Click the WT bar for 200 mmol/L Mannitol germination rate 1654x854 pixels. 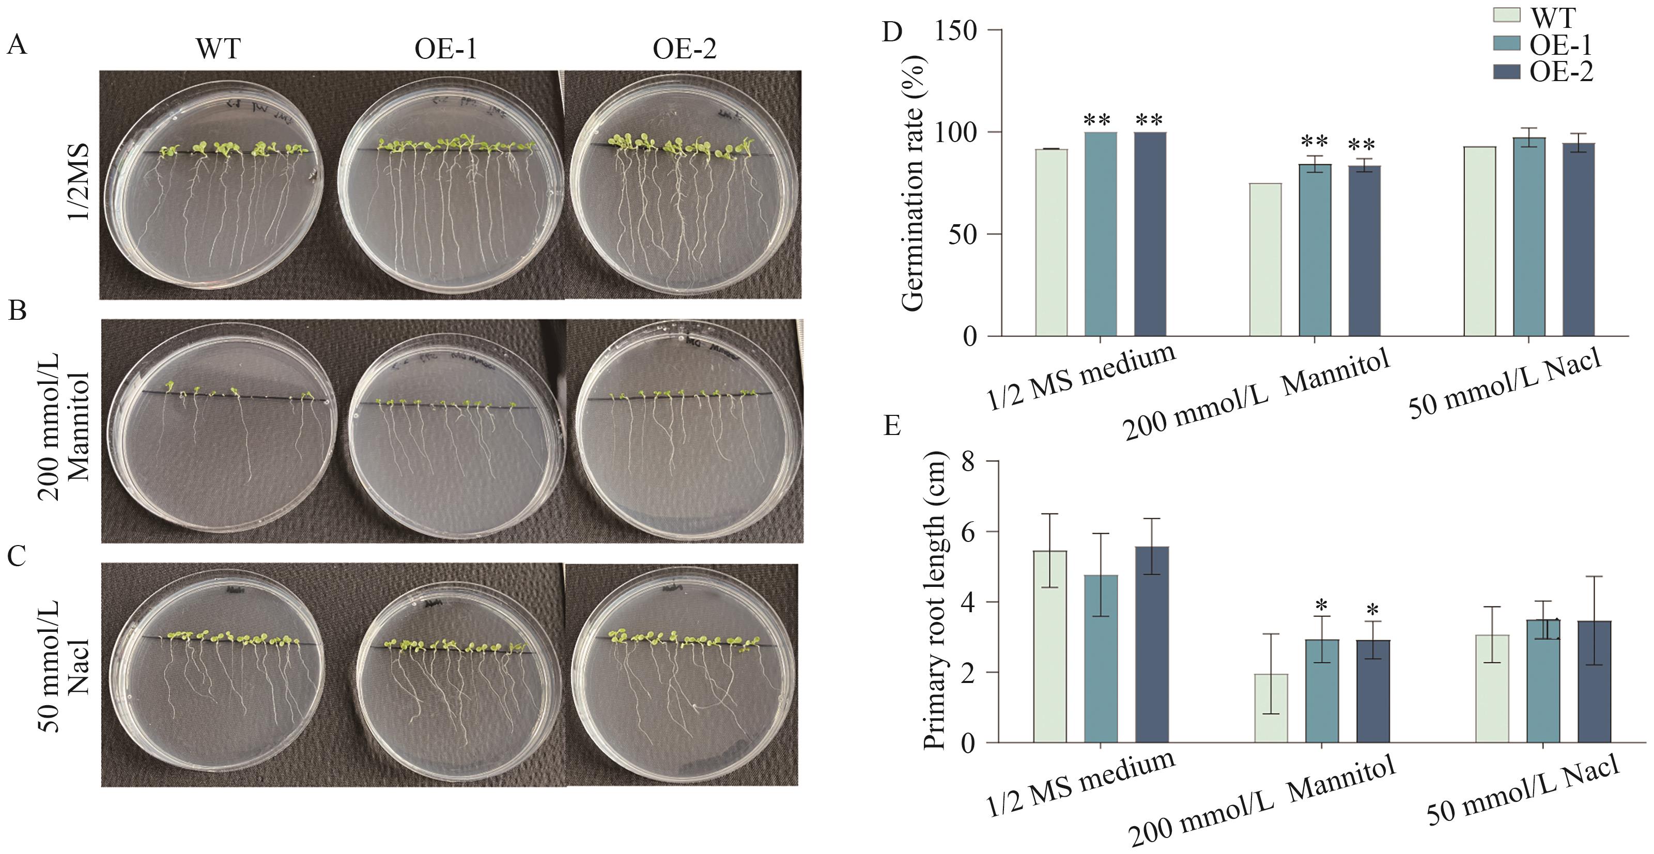tap(1265, 259)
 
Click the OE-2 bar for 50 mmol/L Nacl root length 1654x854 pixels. tap(1594, 685)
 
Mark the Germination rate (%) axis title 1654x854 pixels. tap(913, 183)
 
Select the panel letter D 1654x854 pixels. tap(892, 31)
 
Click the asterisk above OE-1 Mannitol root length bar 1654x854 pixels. tap(1321, 605)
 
